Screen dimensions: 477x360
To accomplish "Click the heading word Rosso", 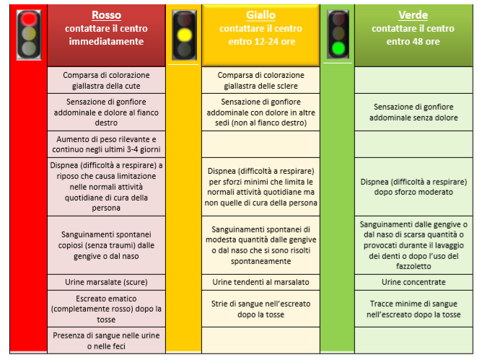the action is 107,15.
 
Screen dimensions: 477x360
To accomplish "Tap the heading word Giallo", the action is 261,15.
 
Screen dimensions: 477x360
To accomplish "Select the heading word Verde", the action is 413,15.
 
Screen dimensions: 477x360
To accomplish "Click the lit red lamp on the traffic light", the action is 29,19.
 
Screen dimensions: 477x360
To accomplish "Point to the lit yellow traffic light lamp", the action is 184,35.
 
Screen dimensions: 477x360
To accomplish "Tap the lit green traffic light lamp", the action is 338,48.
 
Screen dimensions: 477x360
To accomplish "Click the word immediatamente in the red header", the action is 106,41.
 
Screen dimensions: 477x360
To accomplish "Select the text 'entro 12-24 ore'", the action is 262,41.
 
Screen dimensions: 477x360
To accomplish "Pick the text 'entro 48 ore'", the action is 413,41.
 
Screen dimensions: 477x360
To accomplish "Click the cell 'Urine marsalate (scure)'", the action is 107,282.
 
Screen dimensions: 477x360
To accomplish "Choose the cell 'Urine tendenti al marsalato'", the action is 261,282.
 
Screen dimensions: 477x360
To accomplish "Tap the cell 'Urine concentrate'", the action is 413,282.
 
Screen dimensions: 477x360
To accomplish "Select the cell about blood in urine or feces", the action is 107,341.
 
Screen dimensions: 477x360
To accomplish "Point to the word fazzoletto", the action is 413,266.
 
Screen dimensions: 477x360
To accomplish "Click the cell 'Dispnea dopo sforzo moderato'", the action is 413,187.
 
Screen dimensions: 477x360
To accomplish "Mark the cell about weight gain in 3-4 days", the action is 107,144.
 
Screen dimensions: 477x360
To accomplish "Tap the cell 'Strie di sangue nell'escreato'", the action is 261,309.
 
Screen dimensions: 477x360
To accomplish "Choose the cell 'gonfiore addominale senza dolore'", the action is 413,113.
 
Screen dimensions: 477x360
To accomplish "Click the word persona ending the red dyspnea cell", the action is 106,208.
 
